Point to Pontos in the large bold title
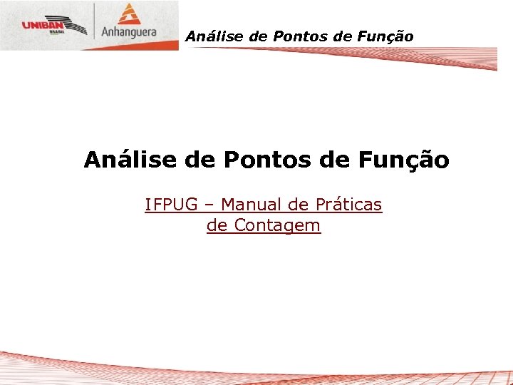coord(268,160)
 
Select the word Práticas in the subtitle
coord(348,205)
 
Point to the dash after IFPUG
coord(208,206)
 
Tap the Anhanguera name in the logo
coord(129,33)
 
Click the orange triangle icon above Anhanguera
coord(128,14)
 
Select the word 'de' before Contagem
coord(217,227)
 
